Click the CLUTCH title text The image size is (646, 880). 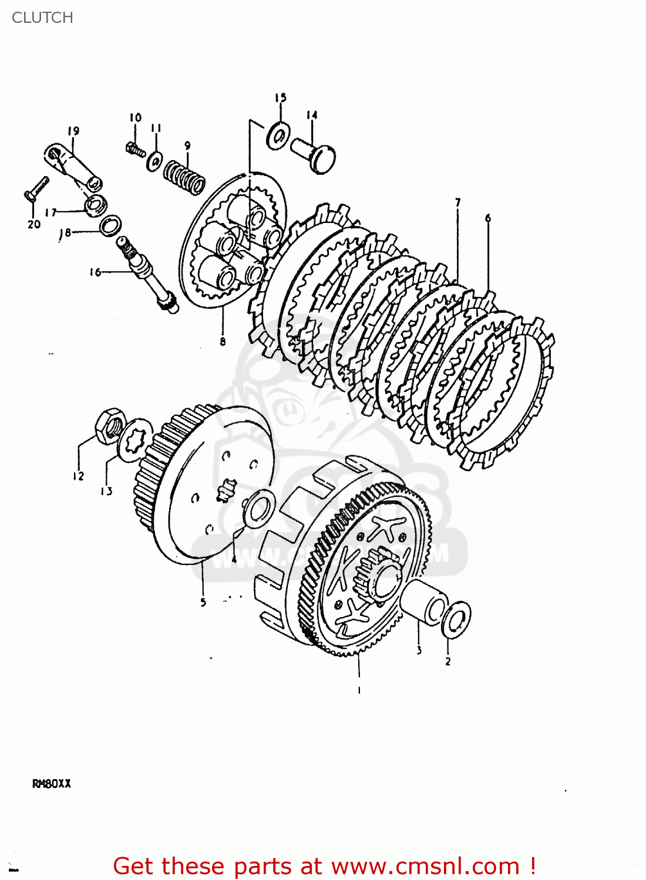pyautogui.click(x=42, y=18)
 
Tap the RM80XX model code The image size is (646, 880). pyautogui.click(x=51, y=784)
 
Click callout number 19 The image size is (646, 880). pyautogui.click(x=73, y=131)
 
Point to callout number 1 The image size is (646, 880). pyautogui.click(x=359, y=691)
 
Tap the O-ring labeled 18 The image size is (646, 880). pyautogui.click(x=110, y=226)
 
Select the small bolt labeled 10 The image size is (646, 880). pyautogui.click(x=136, y=149)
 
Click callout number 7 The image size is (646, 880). pyautogui.click(x=457, y=203)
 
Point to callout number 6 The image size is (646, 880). pyautogui.click(x=487, y=219)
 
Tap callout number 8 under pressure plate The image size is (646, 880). pyautogui.click(x=223, y=341)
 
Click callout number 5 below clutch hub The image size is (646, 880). pyautogui.click(x=203, y=603)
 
